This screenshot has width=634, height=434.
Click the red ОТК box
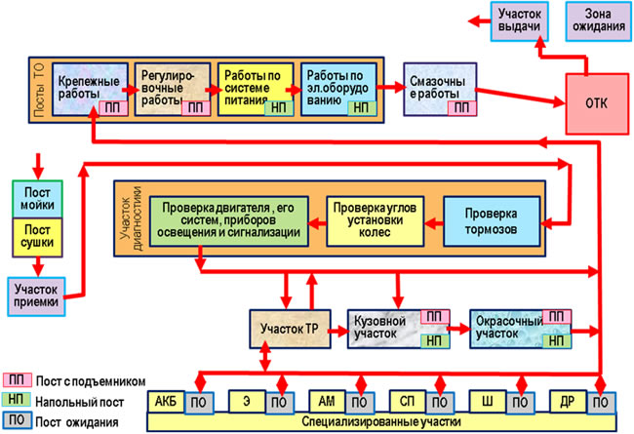coord(597,103)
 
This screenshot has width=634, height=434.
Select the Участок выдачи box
coord(519,21)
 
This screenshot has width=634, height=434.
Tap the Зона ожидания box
coord(599,21)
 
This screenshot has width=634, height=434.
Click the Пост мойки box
coord(37,199)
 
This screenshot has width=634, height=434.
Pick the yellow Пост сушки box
coord(37,237)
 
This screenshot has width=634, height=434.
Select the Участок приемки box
coord(36,296)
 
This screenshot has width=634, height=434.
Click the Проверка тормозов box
coord(492,221)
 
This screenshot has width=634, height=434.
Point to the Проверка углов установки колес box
coord(375,220)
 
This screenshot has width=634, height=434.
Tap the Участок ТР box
coord(290,329)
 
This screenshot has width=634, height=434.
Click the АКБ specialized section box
coord(166,402)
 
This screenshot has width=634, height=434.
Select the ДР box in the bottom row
coord(568,402)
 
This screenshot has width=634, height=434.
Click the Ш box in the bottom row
coord(488,402)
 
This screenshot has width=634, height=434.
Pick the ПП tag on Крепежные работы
coord(113,108)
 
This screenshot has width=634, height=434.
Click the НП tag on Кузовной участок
coord(435,341)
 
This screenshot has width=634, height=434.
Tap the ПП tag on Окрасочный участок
coord(556,317)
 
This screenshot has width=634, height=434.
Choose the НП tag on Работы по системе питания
coord(279,108)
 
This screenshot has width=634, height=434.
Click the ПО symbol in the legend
coord(17,419)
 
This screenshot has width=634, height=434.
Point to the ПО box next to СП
coord(440,403)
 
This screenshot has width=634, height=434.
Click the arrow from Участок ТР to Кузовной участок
coord(339,332)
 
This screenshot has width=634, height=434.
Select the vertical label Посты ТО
coord(40,90)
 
